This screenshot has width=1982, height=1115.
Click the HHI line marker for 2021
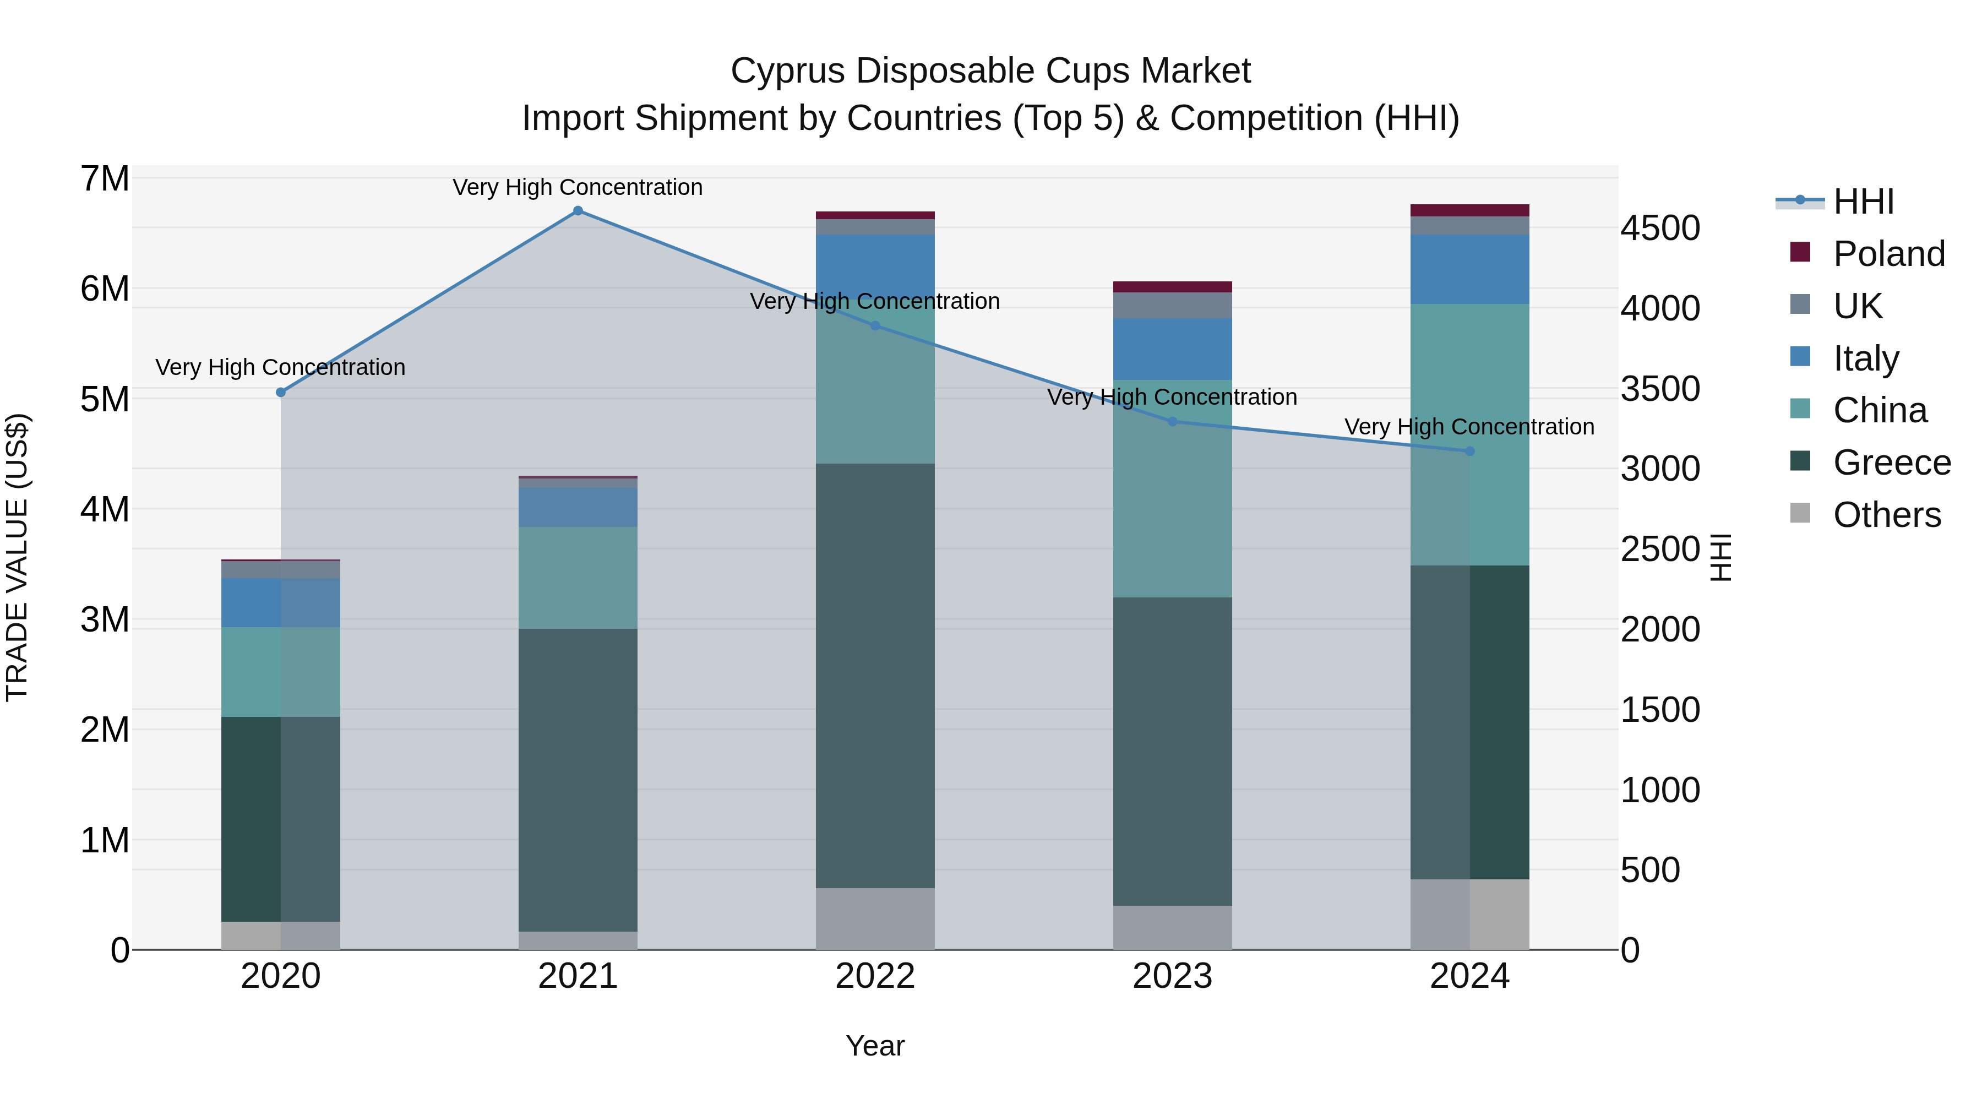[x=578, y=211]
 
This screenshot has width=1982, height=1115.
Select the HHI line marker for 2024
[x=1469, y=451]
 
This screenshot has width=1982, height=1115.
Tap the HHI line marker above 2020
[x=281, y=393]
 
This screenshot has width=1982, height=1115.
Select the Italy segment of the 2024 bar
[x=1469, y=269]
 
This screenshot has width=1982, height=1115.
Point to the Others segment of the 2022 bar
[x=875, y=919]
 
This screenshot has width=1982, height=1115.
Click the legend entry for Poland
[x=1889, y=254]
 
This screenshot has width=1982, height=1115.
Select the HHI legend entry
[x=1863, y=202]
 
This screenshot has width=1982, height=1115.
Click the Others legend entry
[x=1887, y=515]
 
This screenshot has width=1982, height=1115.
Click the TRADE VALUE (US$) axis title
[x=18, y=557]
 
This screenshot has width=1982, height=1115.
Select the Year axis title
[x=875, y=1046]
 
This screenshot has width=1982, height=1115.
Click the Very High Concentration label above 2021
[x=578, y=187]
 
